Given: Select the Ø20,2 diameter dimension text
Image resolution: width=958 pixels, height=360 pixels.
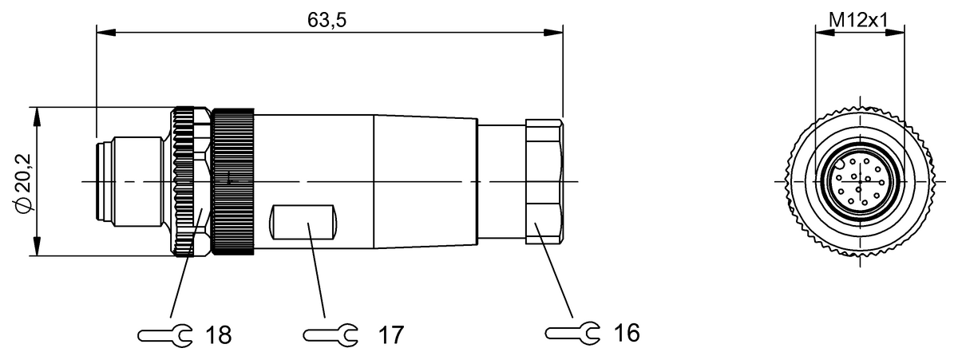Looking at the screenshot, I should (24, 183).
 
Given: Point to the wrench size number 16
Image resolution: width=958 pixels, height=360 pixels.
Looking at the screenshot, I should (628, 332).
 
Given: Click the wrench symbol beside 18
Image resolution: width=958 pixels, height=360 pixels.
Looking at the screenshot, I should (164, 334).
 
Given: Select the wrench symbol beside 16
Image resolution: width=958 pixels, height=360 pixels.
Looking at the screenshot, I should (572, 332).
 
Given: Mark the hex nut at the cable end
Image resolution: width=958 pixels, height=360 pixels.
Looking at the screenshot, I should (544, 183).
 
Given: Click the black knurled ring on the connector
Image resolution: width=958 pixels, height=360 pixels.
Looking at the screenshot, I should (233, 182).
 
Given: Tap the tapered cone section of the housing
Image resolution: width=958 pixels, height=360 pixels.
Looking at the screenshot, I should (425, 182).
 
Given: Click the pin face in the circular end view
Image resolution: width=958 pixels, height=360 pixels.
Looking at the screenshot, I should (858, 183).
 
